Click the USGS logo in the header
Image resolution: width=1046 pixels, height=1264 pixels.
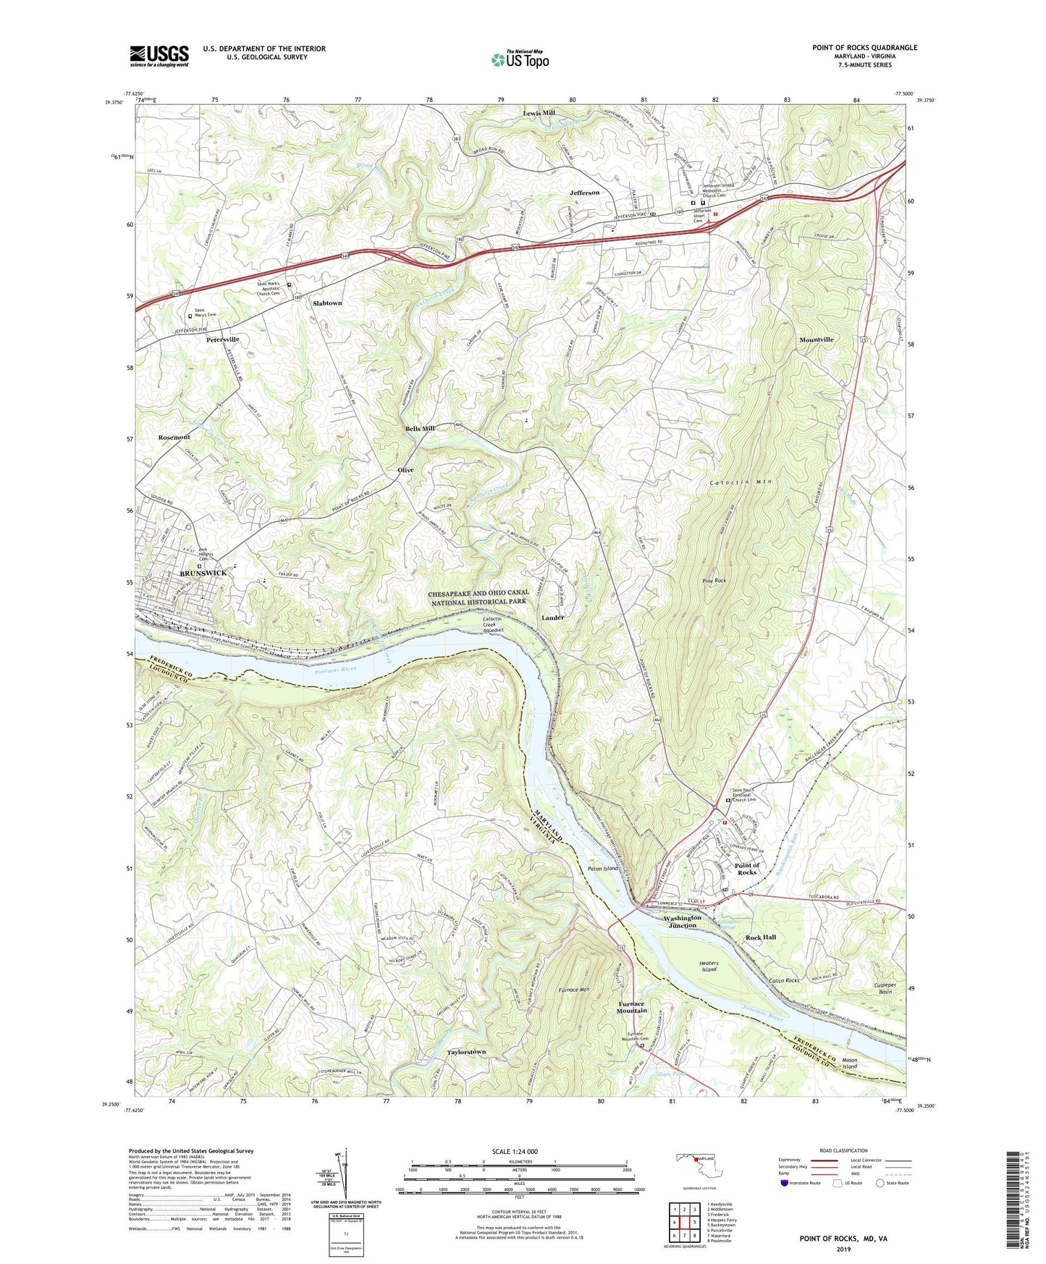[159, 56]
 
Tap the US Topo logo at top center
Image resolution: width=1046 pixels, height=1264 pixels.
[520, 59]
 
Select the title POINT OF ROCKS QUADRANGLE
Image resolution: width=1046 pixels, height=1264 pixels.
[864, 48]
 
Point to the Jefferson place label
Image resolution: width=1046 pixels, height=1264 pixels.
[584, 193]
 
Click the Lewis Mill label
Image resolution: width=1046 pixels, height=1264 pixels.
[539, 113]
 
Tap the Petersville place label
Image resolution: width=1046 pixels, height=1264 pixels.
[222, 339]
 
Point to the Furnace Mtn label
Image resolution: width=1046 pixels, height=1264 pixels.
[577, 990]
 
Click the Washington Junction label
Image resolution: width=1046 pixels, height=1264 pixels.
[683, 922]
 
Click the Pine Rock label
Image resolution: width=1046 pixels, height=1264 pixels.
[714, 581]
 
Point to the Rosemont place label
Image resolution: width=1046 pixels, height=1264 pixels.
[174, 437]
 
